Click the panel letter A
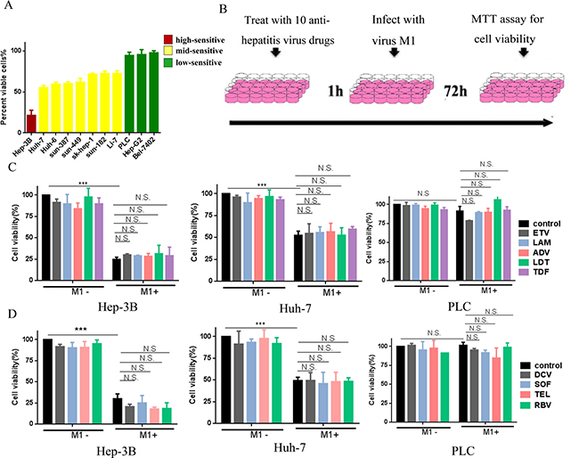point(10,10)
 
